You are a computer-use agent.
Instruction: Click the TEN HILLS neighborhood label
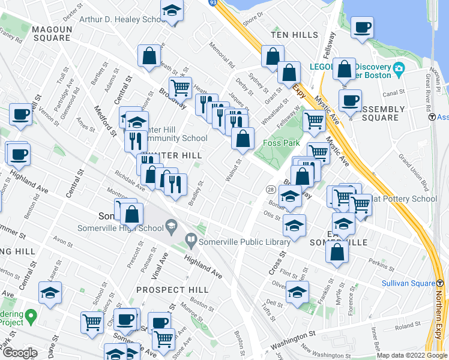pyautogui.click(x=294, y=35)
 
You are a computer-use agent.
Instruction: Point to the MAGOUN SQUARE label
pyautogui.click(x=52, y=33)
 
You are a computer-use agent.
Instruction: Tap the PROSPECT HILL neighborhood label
pyautogui.click(x=172, y=289)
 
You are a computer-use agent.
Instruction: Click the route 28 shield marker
pyautogui.click(x=271, y=190)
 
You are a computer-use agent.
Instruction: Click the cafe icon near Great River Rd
pyautogui.click(x=362, y=27)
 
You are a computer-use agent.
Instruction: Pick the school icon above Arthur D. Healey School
pyautogui.click(x=172, y=11)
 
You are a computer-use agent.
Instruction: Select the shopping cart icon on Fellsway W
pyautogui.click(x=314, y=121)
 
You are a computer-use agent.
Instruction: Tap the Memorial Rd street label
pyautogui.click(x=221, y=53)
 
